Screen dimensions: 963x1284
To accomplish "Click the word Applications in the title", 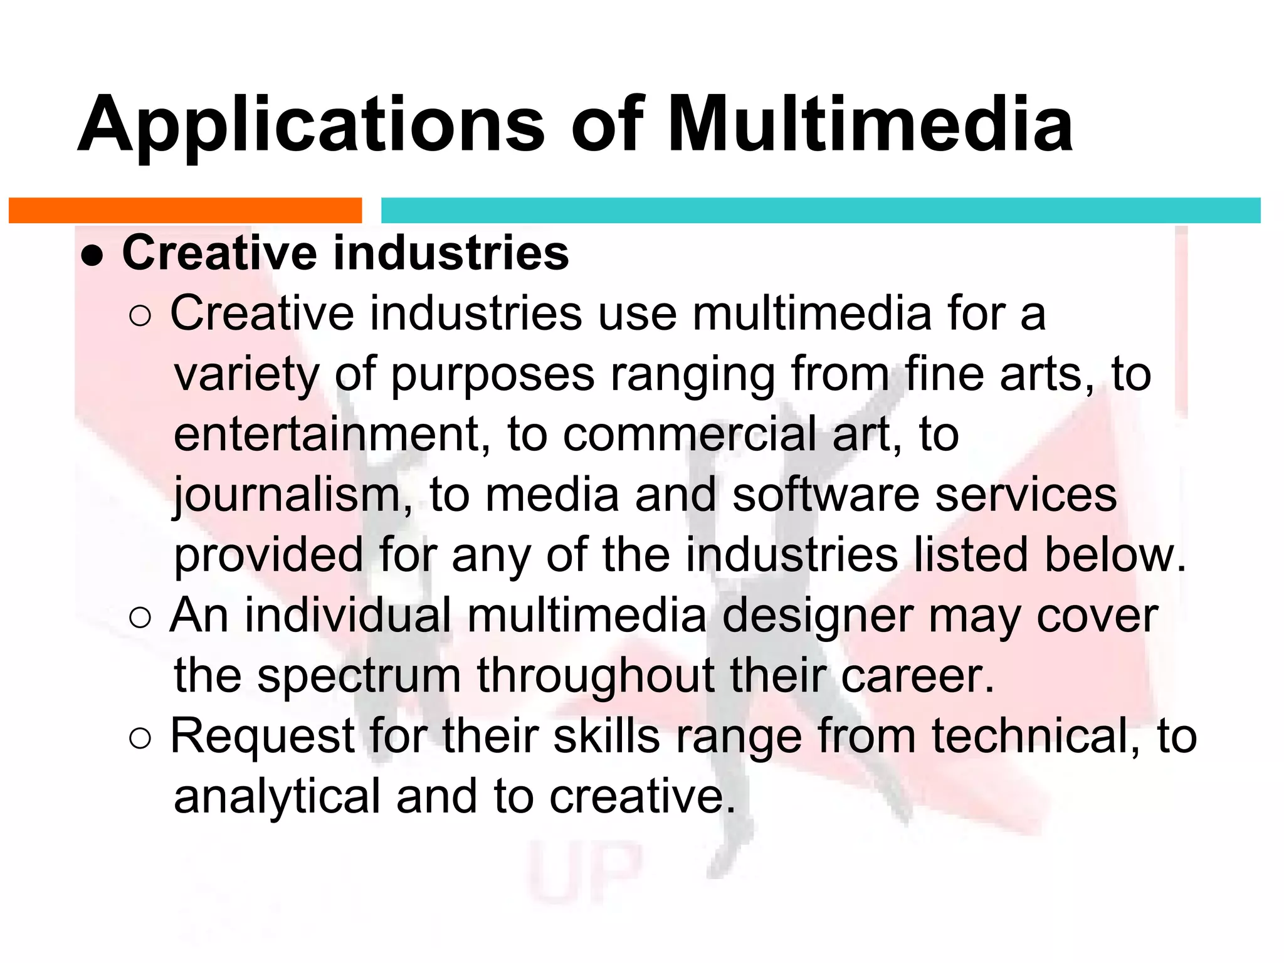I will coord(311,125).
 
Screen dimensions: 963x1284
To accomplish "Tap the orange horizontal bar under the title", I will coord(185,211).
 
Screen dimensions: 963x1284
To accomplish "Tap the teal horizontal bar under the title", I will coord(820,211).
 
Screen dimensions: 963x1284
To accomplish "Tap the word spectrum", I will coord(359,678).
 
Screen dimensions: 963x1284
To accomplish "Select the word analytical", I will coord(276,798).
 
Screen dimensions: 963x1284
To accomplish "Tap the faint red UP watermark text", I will coord(587,871).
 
